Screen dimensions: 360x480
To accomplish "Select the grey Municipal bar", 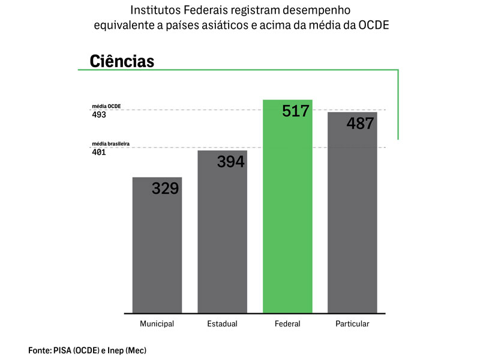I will point(157,252).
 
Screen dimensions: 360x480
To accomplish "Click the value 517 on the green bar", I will point(295,111).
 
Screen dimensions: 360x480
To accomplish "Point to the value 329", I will point(165,188).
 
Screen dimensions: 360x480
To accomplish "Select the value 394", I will point(230,161).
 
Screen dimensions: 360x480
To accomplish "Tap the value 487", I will point(360,124).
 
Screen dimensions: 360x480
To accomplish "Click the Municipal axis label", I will point(157,324).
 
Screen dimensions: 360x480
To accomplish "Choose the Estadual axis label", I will point(222,324).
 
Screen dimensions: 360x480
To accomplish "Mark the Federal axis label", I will point(287,324).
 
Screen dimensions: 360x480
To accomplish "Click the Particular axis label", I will point(352,324).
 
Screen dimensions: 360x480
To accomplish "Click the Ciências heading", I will point(122,61).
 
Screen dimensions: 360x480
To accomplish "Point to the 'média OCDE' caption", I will point(106,106).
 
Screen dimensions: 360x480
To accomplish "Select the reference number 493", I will point(99,115).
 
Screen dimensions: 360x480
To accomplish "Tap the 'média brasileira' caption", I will point(111,144).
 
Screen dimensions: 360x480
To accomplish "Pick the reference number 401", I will point(99,152).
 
